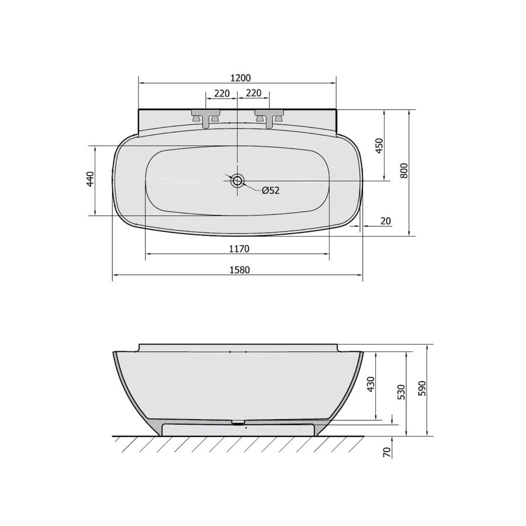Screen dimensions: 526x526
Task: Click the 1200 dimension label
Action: (241, 78)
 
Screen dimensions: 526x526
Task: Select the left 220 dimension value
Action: (222, 94)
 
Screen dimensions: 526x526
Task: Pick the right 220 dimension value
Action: (253, 93)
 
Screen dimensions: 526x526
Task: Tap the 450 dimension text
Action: (379, 146)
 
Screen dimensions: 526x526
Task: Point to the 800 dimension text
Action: (404, 171)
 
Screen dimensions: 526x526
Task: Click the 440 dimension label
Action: (90, 179)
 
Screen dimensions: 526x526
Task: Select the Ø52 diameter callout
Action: (271, 191)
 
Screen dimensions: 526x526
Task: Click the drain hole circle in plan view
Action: (237, 181)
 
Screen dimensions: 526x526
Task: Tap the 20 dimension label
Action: (386, 221)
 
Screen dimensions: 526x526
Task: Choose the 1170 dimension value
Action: (239, 248)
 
